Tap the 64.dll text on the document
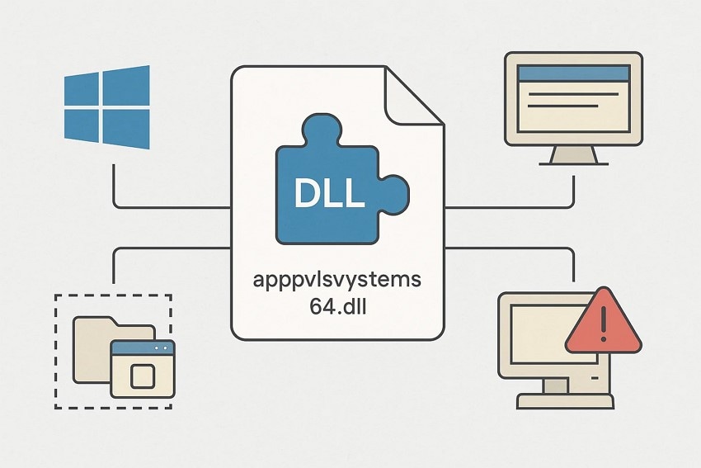(x=336, y=308)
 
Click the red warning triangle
(x=603, y=323)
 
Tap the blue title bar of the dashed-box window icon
(x=142, y=347)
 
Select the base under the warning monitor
(x=565, y=401)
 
